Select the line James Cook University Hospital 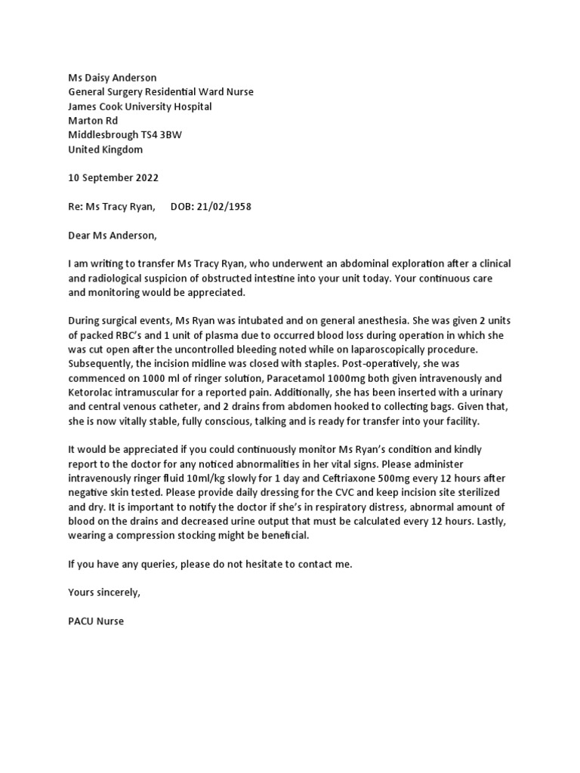pos(140,106)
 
